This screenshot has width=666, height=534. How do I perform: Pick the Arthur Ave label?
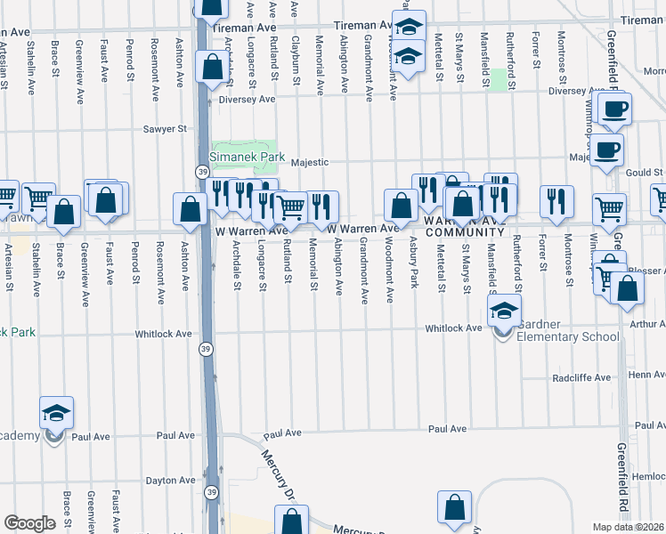(x=646, y=324)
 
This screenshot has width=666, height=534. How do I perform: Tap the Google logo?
(x=29, y=522)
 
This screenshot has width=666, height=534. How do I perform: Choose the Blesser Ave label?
(x=646, y=271)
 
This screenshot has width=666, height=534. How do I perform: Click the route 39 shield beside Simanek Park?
(x=204, y=171)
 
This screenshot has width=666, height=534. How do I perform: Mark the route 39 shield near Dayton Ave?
(x=212, y=491)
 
